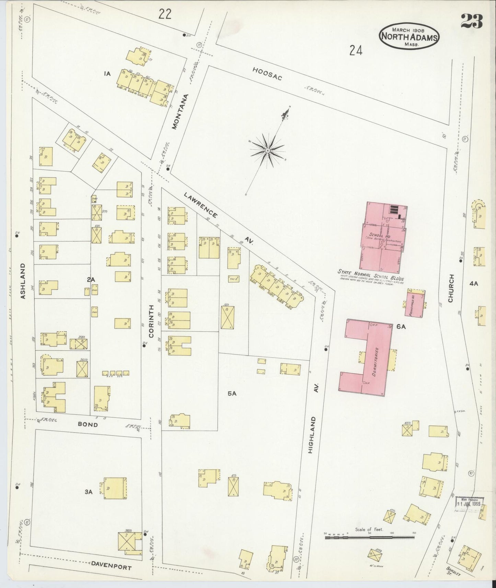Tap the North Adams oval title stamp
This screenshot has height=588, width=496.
point(409,36)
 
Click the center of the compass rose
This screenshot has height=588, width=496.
point(267,151)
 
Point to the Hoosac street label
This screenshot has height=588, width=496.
point(267,74)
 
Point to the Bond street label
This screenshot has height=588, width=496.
point(88,424)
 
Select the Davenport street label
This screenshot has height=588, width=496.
point(111,567)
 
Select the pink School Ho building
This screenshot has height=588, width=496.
point(383,237)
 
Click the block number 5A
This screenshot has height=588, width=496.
point(232,393)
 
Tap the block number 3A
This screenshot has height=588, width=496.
point(89,492)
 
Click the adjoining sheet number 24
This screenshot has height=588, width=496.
point(356,51)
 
